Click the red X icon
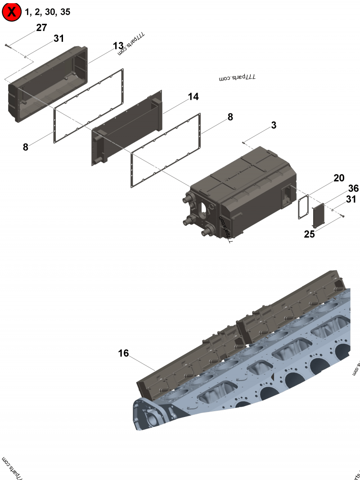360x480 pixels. [x=12, y=12]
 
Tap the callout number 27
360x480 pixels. [x=41, y=28]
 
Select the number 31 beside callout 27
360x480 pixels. [x=59, y=39]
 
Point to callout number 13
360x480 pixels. [x=118, y=46]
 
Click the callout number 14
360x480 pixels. [x=193, y=97]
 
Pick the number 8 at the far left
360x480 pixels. [x=26, y=147]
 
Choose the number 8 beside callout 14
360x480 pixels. [x=230, y=117]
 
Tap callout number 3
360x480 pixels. [x=274, y=126]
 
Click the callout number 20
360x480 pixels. [x=339, y=178]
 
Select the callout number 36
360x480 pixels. [x=353, y=188]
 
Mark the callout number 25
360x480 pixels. [x=309, y=234]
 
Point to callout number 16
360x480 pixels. [x=123, y=354]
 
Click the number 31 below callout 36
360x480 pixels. [x=351, y=199]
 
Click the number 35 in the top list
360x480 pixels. [x=65, y=12]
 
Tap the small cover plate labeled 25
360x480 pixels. [x=319, y=216]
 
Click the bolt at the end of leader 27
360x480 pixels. [x=6, y=45]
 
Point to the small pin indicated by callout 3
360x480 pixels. [x=243, y=143]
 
